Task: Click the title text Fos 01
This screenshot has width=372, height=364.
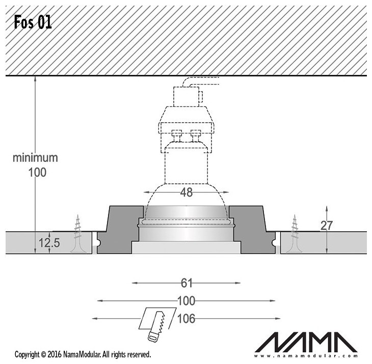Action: click(33, 22)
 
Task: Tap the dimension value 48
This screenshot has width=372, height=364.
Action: click(186, 192)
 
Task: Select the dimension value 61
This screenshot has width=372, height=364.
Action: click(186, 283)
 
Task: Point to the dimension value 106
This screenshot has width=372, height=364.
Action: click(186, 319)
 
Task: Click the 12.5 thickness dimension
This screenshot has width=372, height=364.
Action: click(49, 243)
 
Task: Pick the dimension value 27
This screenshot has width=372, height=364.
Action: click(327, 226)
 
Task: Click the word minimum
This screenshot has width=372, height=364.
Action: click(35, 158)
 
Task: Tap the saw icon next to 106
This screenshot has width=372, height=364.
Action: click(157, 324)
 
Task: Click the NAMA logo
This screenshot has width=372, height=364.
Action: click(306, 343)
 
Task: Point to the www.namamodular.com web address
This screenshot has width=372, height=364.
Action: click(306, 356)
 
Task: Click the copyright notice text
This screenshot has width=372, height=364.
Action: click(83, 354)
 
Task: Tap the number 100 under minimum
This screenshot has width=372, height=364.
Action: click(37, 172)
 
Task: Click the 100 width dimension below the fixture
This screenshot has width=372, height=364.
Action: click(186, 301)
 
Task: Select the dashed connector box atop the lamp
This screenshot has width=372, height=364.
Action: click(186, 97)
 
